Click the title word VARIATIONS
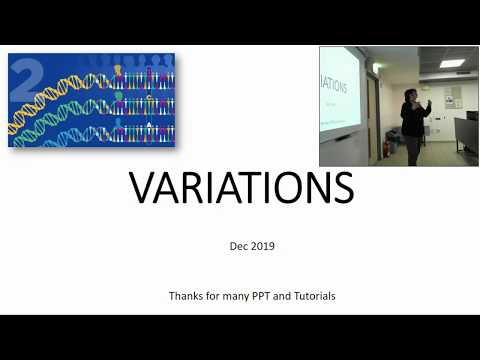(241, 188)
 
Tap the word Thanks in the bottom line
(187, 297)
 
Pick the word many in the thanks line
(231, 297)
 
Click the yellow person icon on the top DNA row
(118, 73)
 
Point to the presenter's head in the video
(411, 94)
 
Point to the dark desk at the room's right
(466, 135)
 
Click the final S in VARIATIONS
(342, 188)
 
